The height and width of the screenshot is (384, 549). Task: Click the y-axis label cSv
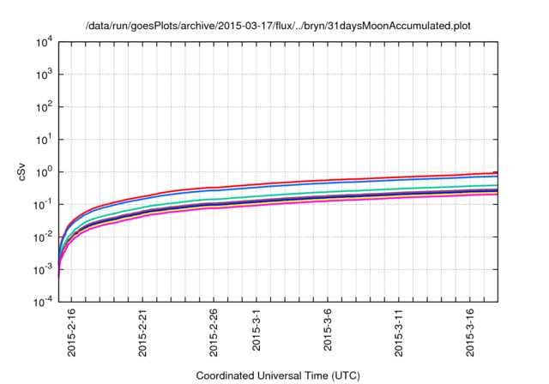coord(22,171)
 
